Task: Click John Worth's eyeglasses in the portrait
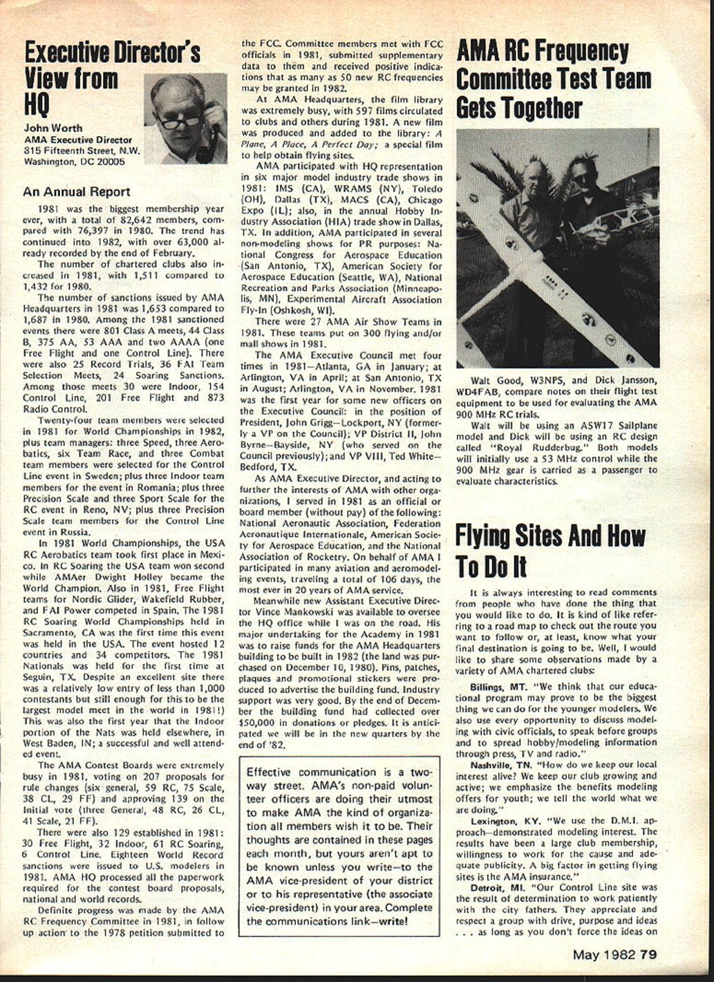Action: (180, 121)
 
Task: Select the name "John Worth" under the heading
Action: (53, 128)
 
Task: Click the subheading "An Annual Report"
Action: (76, 191)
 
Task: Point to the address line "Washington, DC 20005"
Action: (75, 162)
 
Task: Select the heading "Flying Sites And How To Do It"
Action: (550, 550)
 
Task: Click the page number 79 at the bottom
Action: (648, 955)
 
